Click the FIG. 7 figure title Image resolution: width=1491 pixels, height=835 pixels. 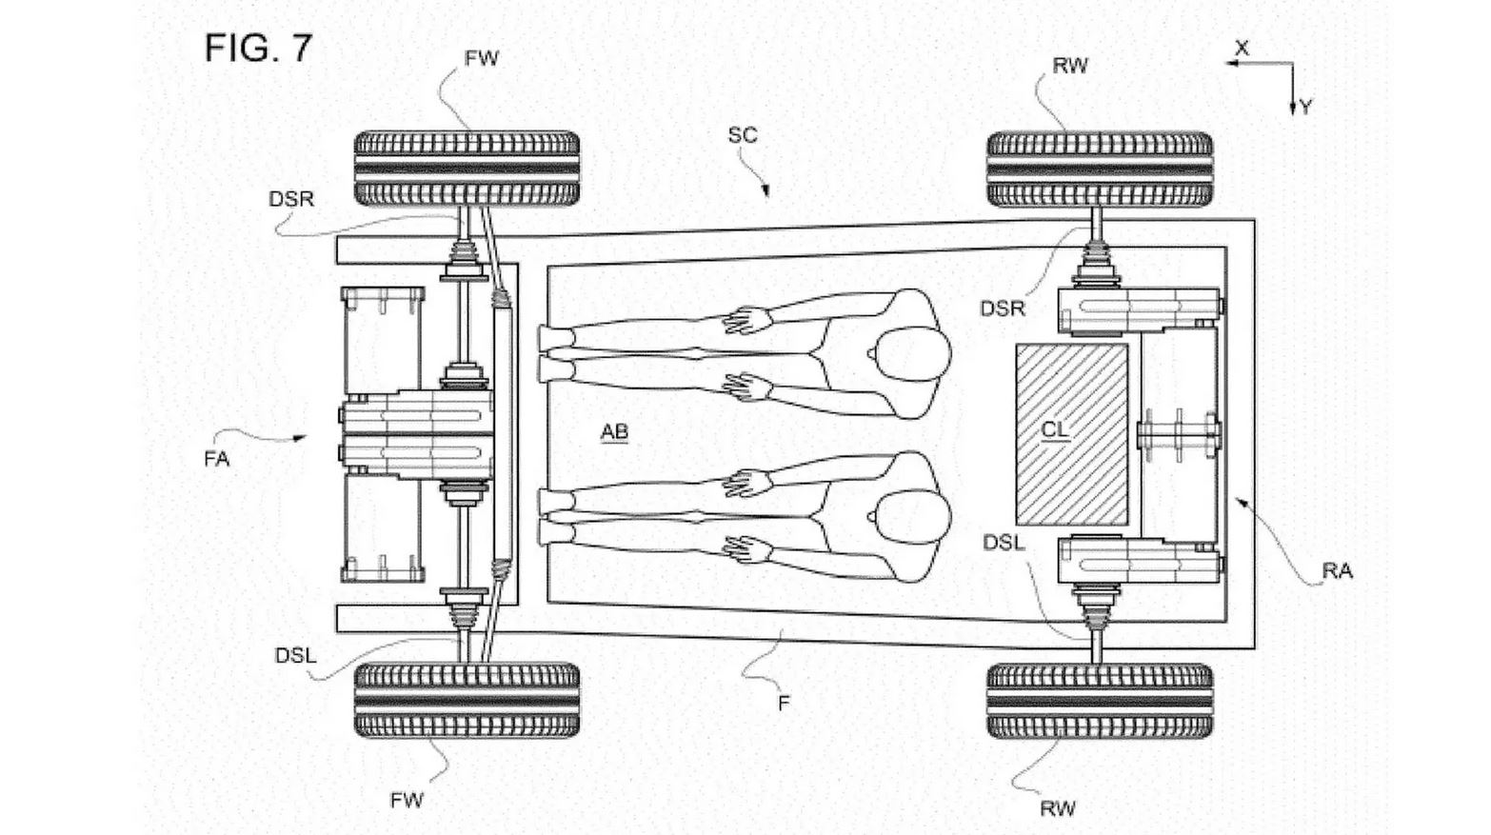[258, 48]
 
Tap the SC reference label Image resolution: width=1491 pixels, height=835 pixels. [743, 135]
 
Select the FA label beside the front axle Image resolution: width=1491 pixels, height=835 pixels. [217, 459]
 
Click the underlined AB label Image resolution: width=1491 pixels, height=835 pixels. [614, 432]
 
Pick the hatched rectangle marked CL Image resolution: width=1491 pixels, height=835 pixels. [1072, 434]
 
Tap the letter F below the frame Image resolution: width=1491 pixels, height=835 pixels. [784, 703]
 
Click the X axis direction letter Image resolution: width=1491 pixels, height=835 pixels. [1242, 48]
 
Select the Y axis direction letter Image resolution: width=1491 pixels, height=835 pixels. [1305, 108]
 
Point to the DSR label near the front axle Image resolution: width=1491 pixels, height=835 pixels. [291, 198]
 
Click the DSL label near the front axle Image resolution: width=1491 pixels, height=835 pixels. [295, 655]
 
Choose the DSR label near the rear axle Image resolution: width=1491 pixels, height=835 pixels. [1003, 308]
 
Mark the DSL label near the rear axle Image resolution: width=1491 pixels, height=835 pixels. [1004, 543]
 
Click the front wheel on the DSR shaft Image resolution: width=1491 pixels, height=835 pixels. [467, 169]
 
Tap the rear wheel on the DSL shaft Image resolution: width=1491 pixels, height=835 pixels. [1099, 701]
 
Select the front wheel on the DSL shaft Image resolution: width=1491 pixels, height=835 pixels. [467, 701]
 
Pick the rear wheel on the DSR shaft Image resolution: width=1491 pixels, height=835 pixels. [1099, 169]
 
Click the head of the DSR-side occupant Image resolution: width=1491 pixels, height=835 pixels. [910, 353]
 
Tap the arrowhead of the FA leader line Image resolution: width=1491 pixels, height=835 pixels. [302, 437]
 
